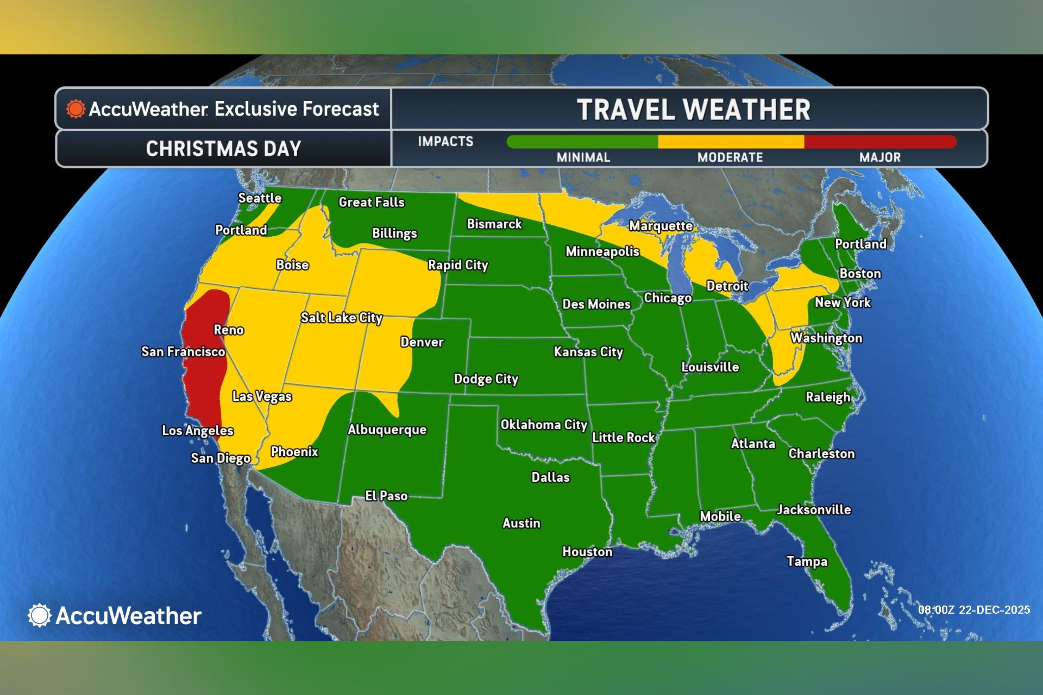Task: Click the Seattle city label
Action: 260,198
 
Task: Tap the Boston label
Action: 860,273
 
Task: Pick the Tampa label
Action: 807,561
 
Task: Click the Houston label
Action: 587,551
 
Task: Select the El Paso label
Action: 386,496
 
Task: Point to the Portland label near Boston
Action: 860,244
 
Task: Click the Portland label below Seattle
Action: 241,230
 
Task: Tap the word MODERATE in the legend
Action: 730,157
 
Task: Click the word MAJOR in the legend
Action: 880,157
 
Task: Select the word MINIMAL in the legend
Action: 583,157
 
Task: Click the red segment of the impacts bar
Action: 880,142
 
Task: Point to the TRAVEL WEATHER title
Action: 693,109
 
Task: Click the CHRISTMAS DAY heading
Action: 224,148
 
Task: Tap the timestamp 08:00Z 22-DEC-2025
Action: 974,610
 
